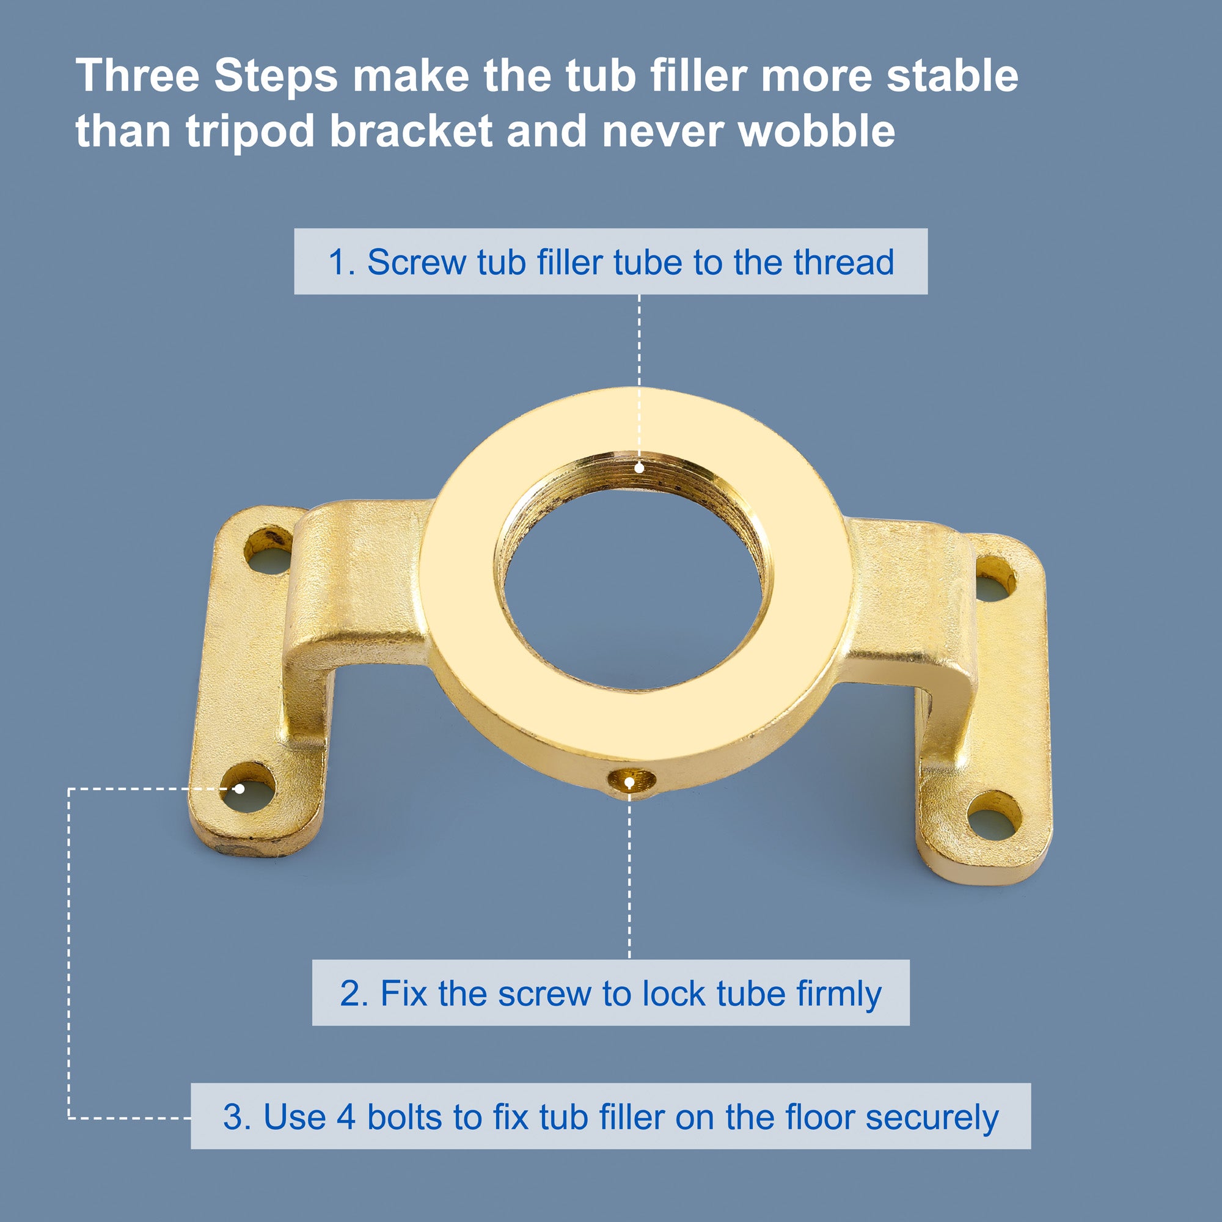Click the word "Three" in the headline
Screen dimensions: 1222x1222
point(138,76)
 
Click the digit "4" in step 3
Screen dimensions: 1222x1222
point(346,1117)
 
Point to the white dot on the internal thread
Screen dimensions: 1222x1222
point(640,468)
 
